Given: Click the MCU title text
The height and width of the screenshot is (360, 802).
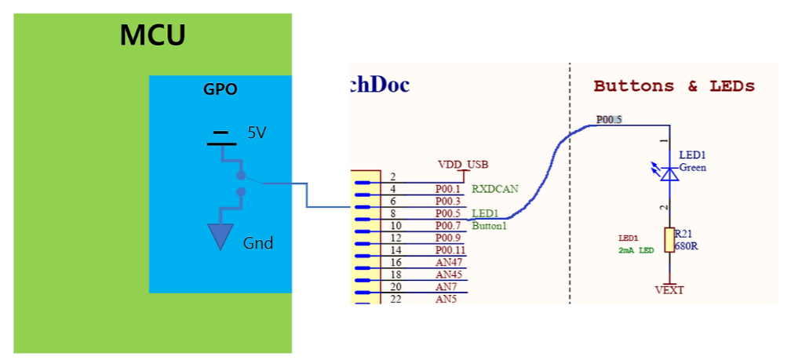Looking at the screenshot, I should (152, 35).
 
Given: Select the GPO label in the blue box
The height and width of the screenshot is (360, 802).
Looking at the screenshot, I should (220, 90).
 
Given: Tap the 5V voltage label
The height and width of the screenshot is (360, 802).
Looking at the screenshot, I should (257, 133).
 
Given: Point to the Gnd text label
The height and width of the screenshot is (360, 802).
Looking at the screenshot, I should (257, 243).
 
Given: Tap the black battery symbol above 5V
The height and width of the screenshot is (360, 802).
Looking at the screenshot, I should (221, 139).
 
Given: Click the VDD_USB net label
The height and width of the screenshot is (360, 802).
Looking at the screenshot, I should (462, 165).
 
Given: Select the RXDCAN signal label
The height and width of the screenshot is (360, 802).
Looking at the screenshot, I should (495, 189).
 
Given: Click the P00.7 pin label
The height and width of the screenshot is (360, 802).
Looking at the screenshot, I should (450, 226).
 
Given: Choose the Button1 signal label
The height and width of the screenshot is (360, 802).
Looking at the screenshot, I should (490, 226).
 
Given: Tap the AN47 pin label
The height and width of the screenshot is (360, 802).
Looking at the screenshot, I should (450, 263).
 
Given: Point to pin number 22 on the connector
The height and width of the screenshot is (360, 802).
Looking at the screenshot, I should (396, 299).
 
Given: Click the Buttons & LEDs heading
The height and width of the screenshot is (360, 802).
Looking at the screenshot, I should (673, 86).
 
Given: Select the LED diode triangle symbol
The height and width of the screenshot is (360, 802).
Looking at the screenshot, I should (669, 173).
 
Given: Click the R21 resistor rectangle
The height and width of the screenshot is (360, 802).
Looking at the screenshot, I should (669, 240).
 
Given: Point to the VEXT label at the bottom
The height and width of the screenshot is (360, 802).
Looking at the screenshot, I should (669, 290).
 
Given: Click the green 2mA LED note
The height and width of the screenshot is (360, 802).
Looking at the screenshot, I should (635, 250).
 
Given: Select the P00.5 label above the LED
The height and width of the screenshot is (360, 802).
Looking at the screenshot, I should (609, 120).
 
